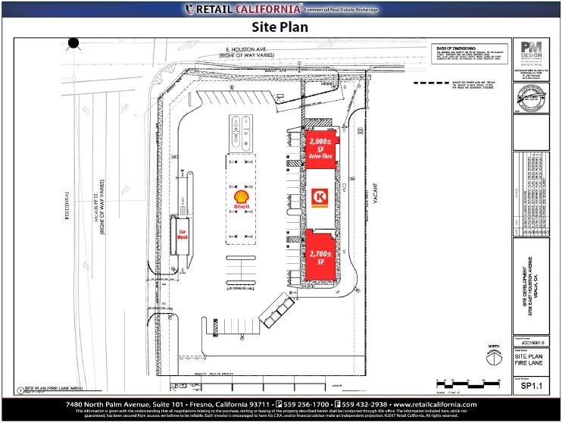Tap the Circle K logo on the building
tap(320, 198)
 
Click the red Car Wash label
tap(183, 234)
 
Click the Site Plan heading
tap(282, 27)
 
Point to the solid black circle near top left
tap(73, 43)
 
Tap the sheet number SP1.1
tap(530, 386)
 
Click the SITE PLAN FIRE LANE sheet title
tap(530, 359)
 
